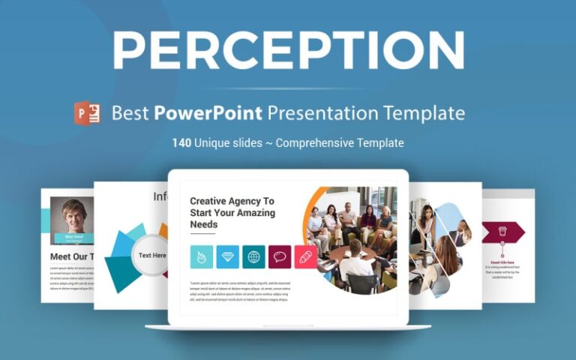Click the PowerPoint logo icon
(87, 113)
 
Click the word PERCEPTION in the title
(288, 51)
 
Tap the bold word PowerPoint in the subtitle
(208, 113)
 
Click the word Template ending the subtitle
(425, 113)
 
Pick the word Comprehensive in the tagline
(314, 142)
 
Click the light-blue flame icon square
(202, 256)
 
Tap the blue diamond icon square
(228, 256)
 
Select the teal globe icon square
(253, 256)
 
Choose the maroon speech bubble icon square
(280, 256)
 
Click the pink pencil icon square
(305, 256)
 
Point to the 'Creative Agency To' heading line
(232, 201)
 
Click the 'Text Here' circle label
(152, 255)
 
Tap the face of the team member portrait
(73, 212)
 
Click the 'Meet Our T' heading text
(71, 256)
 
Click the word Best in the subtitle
(130, 113)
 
